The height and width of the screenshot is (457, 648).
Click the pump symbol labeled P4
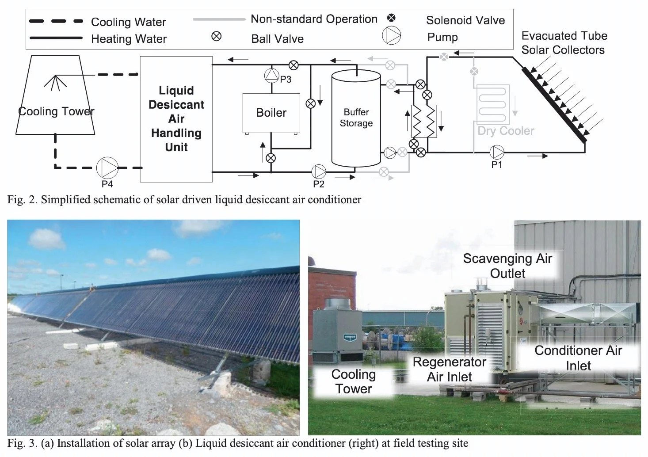coord(107,168)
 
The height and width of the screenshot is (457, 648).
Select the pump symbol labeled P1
coord(497,152)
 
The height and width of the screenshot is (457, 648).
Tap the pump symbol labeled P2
coord(318,171)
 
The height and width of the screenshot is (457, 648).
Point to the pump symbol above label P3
coord(271,75)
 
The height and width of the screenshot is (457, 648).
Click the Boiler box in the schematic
coord(271,113)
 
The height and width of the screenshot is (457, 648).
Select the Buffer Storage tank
coord(356,118)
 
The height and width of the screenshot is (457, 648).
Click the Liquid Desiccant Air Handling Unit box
coord(176,119)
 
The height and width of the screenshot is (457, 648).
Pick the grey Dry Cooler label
coord(506,131)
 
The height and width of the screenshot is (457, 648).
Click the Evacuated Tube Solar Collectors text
coord(564,43)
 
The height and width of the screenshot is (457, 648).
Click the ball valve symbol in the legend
coord(217,36)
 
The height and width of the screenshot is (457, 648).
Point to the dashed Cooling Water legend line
coord(56,21)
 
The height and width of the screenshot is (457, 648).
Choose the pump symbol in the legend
coord(391,35)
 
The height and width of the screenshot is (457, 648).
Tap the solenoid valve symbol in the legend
coord(391,18)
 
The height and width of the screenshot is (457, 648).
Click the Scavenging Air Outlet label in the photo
coord(507,266)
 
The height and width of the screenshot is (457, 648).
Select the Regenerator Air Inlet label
coord(449,369)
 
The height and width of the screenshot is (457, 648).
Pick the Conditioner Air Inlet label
coord(578,358)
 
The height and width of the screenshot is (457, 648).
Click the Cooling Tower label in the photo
coord(354,381)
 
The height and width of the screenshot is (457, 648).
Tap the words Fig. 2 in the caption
coord(22,200)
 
